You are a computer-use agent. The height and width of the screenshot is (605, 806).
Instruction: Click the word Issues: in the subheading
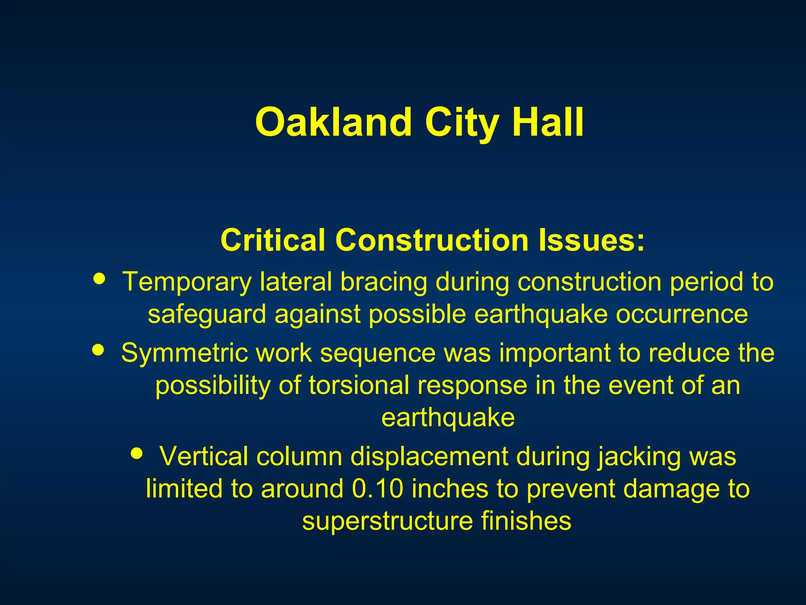[592, 240]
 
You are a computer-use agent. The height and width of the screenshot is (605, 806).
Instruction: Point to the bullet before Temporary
[100, 278]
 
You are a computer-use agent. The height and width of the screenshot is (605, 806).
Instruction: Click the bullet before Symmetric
[98, 349]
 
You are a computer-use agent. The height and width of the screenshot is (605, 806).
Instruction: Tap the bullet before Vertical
[137, 453]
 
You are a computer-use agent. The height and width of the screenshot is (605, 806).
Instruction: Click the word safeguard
[207, 314]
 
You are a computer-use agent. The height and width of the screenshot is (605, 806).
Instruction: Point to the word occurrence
[682, 314]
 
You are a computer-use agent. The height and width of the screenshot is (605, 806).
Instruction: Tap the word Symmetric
[184, 353]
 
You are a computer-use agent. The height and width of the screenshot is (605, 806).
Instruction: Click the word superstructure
[387, 521]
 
